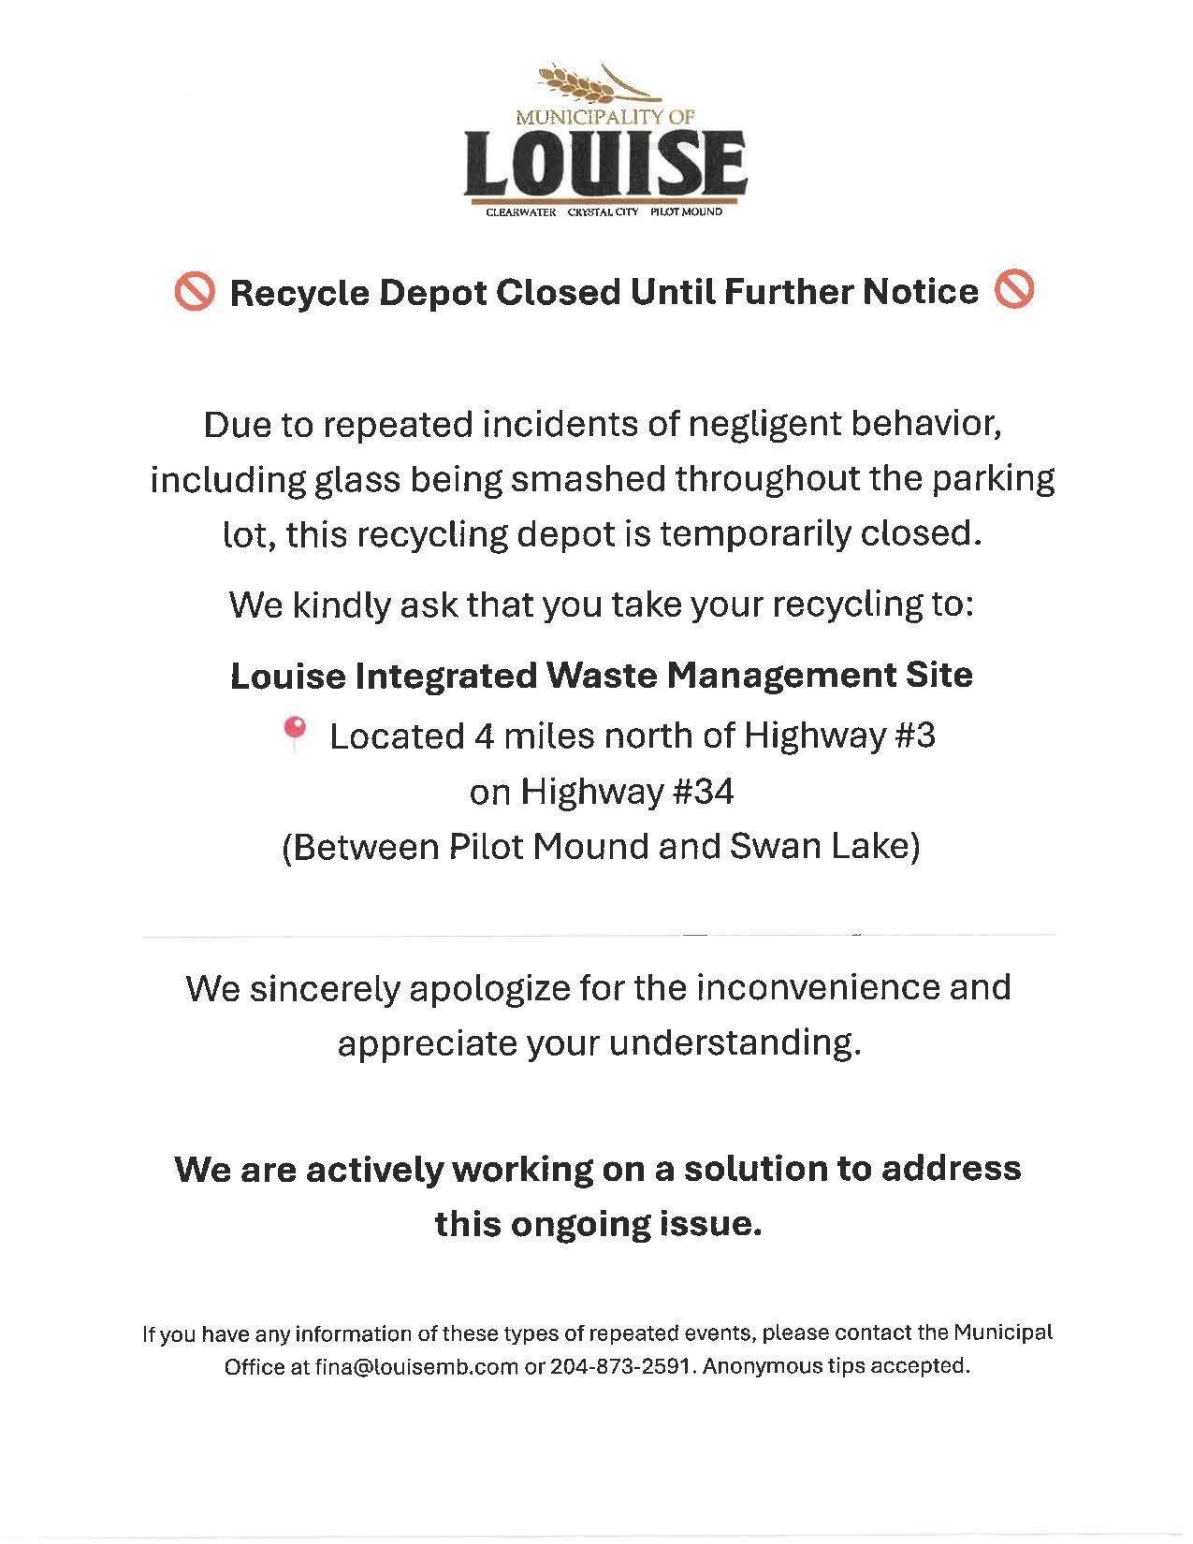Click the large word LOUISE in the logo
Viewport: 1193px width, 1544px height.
coord(605,163)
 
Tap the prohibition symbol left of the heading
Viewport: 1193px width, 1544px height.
coord(194,293)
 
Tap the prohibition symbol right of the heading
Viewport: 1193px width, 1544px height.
coord(1014,291)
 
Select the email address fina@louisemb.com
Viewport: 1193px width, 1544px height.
coord(416,1366)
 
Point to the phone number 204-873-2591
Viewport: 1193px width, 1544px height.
coord(620,1366)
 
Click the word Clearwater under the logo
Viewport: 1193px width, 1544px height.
coord(520,212)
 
